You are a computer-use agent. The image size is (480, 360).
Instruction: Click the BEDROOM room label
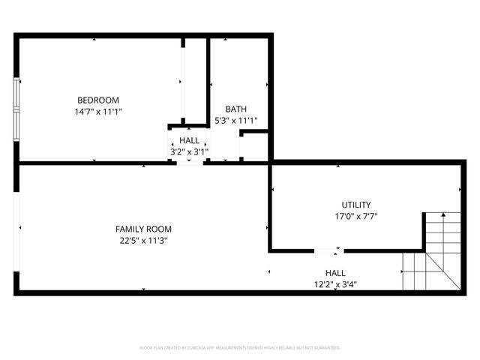pos(98,100)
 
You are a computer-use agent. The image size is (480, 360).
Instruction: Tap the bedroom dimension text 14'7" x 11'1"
pos(98,111)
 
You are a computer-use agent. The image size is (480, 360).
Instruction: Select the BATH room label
pos(235,109)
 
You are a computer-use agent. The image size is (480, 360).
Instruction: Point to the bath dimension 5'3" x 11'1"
pos(236,120)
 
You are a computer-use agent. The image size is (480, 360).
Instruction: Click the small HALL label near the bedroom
pos(190,140)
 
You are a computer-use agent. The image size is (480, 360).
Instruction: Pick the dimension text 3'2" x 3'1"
pos(189,151)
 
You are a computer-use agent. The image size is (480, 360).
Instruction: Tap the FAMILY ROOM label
pos(143,229)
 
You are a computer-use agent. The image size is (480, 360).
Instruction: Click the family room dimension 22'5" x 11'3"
pos(143,241)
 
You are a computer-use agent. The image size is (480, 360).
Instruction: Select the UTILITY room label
pos(356,204)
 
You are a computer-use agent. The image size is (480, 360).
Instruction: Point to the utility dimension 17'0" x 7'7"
pos(356,216)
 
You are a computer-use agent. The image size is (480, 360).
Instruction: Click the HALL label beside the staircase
pos(335,273)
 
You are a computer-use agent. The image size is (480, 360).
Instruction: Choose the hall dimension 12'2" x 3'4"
pos(335,284)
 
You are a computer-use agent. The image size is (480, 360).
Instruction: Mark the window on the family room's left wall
pos(16,228)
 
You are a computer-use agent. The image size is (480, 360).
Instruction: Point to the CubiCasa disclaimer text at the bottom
pos(240,348)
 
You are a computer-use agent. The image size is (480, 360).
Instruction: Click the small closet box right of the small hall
pos(253,146)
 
